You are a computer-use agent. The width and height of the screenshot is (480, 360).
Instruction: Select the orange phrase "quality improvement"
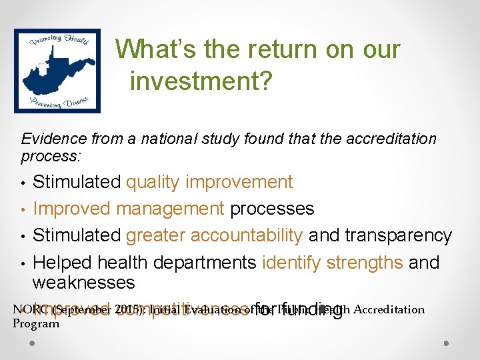pyautogui.click(x=209, y=182)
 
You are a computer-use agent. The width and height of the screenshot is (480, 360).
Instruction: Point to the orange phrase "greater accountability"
pyautogui.click(x=214, y=235)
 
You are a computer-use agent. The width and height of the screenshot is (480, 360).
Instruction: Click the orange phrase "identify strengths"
pyautogui.click(x=333, y=262)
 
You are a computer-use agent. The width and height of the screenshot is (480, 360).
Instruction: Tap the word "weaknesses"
pyautogui.click(x=83, y=282)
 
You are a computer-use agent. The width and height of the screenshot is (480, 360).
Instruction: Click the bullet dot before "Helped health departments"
pyautogui.click(x=23, y=263)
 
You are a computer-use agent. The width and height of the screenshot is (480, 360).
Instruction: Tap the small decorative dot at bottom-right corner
pyautogui.click(x=446, y=345)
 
